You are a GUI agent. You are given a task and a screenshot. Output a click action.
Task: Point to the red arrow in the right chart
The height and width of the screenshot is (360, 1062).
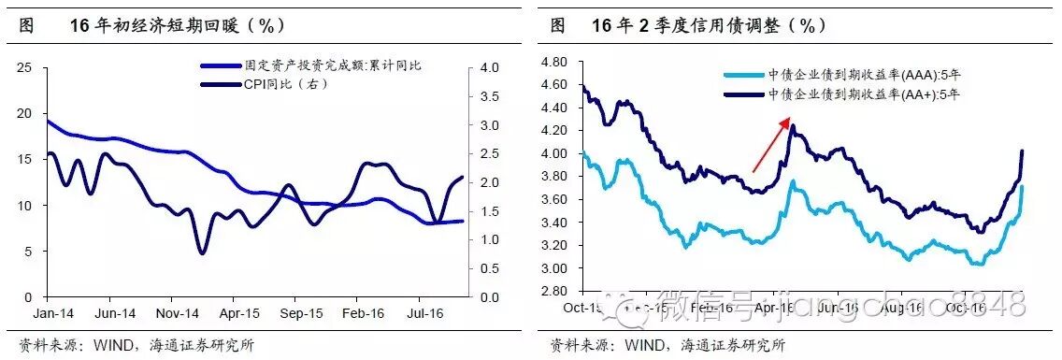[772, 146]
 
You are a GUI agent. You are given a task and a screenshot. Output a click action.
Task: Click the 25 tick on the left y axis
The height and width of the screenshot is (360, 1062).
[25, 67]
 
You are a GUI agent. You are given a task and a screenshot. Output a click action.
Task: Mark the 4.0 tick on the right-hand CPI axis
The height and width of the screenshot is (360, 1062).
[489, 67]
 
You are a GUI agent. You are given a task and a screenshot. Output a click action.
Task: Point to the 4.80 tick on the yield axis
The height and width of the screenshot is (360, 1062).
[555, 62]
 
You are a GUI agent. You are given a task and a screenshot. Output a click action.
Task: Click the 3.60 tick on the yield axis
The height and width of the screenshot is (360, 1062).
[555, 200]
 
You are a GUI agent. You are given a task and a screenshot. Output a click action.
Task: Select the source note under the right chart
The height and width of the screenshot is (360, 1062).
[668, 344]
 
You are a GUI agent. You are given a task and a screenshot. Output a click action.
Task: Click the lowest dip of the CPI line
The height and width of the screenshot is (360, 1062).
[202, 252]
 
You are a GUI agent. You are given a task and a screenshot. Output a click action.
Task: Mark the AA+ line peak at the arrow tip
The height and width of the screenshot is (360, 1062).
[793, 125]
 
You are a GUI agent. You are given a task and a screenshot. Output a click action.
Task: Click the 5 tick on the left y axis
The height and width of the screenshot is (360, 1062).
[29, 251]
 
